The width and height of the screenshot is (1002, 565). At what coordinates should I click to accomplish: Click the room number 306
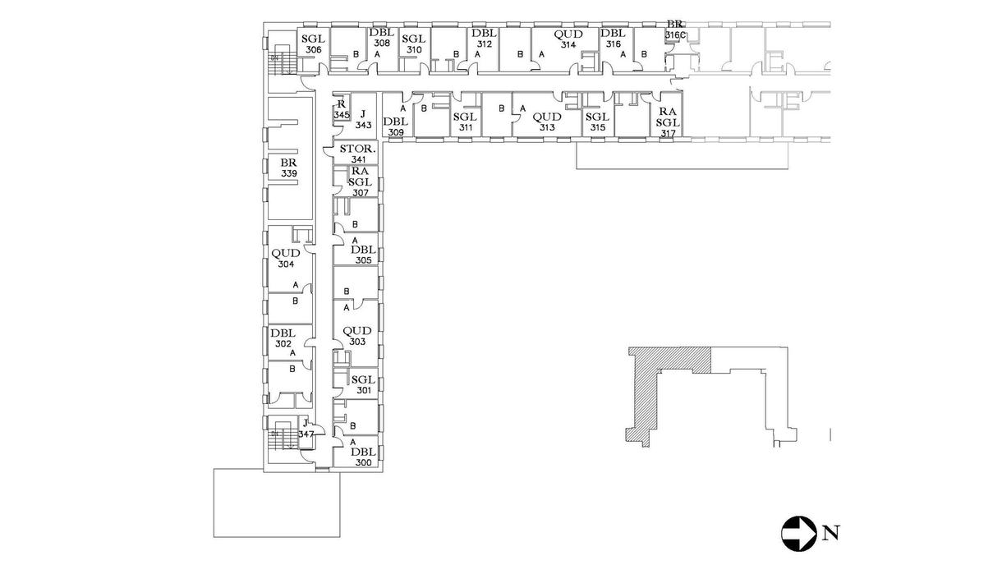coord(313,49)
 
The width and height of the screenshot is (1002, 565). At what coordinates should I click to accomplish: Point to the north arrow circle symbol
coord(796,532)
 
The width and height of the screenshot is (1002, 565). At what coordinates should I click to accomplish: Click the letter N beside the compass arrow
coord(830,533)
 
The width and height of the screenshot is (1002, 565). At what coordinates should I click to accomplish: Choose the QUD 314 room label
coord(568,39)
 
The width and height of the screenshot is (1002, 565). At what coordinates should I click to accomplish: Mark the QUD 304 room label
coord(286,259)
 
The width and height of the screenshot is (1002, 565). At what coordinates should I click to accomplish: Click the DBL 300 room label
coord(362,457)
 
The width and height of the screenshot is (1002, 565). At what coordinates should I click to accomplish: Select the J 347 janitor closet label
coord(306,429)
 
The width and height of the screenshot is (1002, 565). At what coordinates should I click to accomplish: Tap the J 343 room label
coord(364,119)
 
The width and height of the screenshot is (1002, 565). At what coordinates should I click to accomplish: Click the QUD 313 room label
coord(547,122)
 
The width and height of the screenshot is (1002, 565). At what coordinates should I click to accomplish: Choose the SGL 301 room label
coord(362,384)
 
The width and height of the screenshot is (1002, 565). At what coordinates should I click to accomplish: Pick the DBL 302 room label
coord(283,338)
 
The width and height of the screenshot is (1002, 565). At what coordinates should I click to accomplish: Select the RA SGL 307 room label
coord(360,181)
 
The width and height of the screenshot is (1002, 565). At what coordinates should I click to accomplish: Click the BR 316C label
coord(675,30)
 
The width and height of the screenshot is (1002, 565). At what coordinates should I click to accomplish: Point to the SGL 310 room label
coord(413,44)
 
